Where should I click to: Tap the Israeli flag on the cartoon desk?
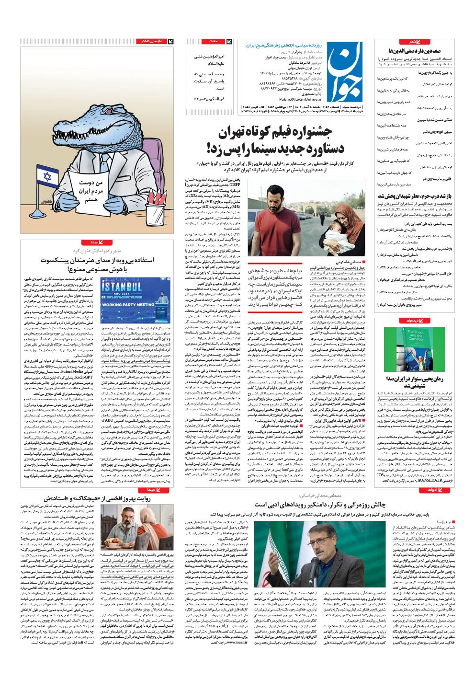(47, 177)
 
